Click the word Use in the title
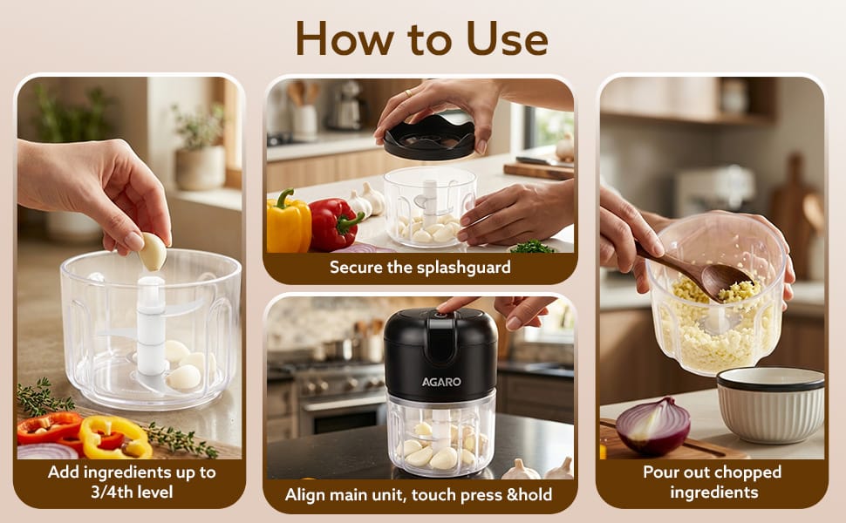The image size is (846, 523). tap(507, 38)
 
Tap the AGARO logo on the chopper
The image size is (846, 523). tap(441, 382)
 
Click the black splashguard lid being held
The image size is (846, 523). tap(429, 139)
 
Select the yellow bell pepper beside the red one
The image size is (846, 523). tap(289, 221)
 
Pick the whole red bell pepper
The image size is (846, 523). tap(335, 223)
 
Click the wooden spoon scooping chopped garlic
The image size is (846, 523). tap(696, 269)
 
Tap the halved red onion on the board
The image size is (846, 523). tap(653, 425)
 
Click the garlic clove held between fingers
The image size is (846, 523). tap(153, 251)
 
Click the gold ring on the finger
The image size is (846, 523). tap(408, 92)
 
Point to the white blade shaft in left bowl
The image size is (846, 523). tap(151, 325)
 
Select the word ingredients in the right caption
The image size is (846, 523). tap(713, 492)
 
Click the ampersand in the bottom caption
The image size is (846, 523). tap(511, 494)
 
